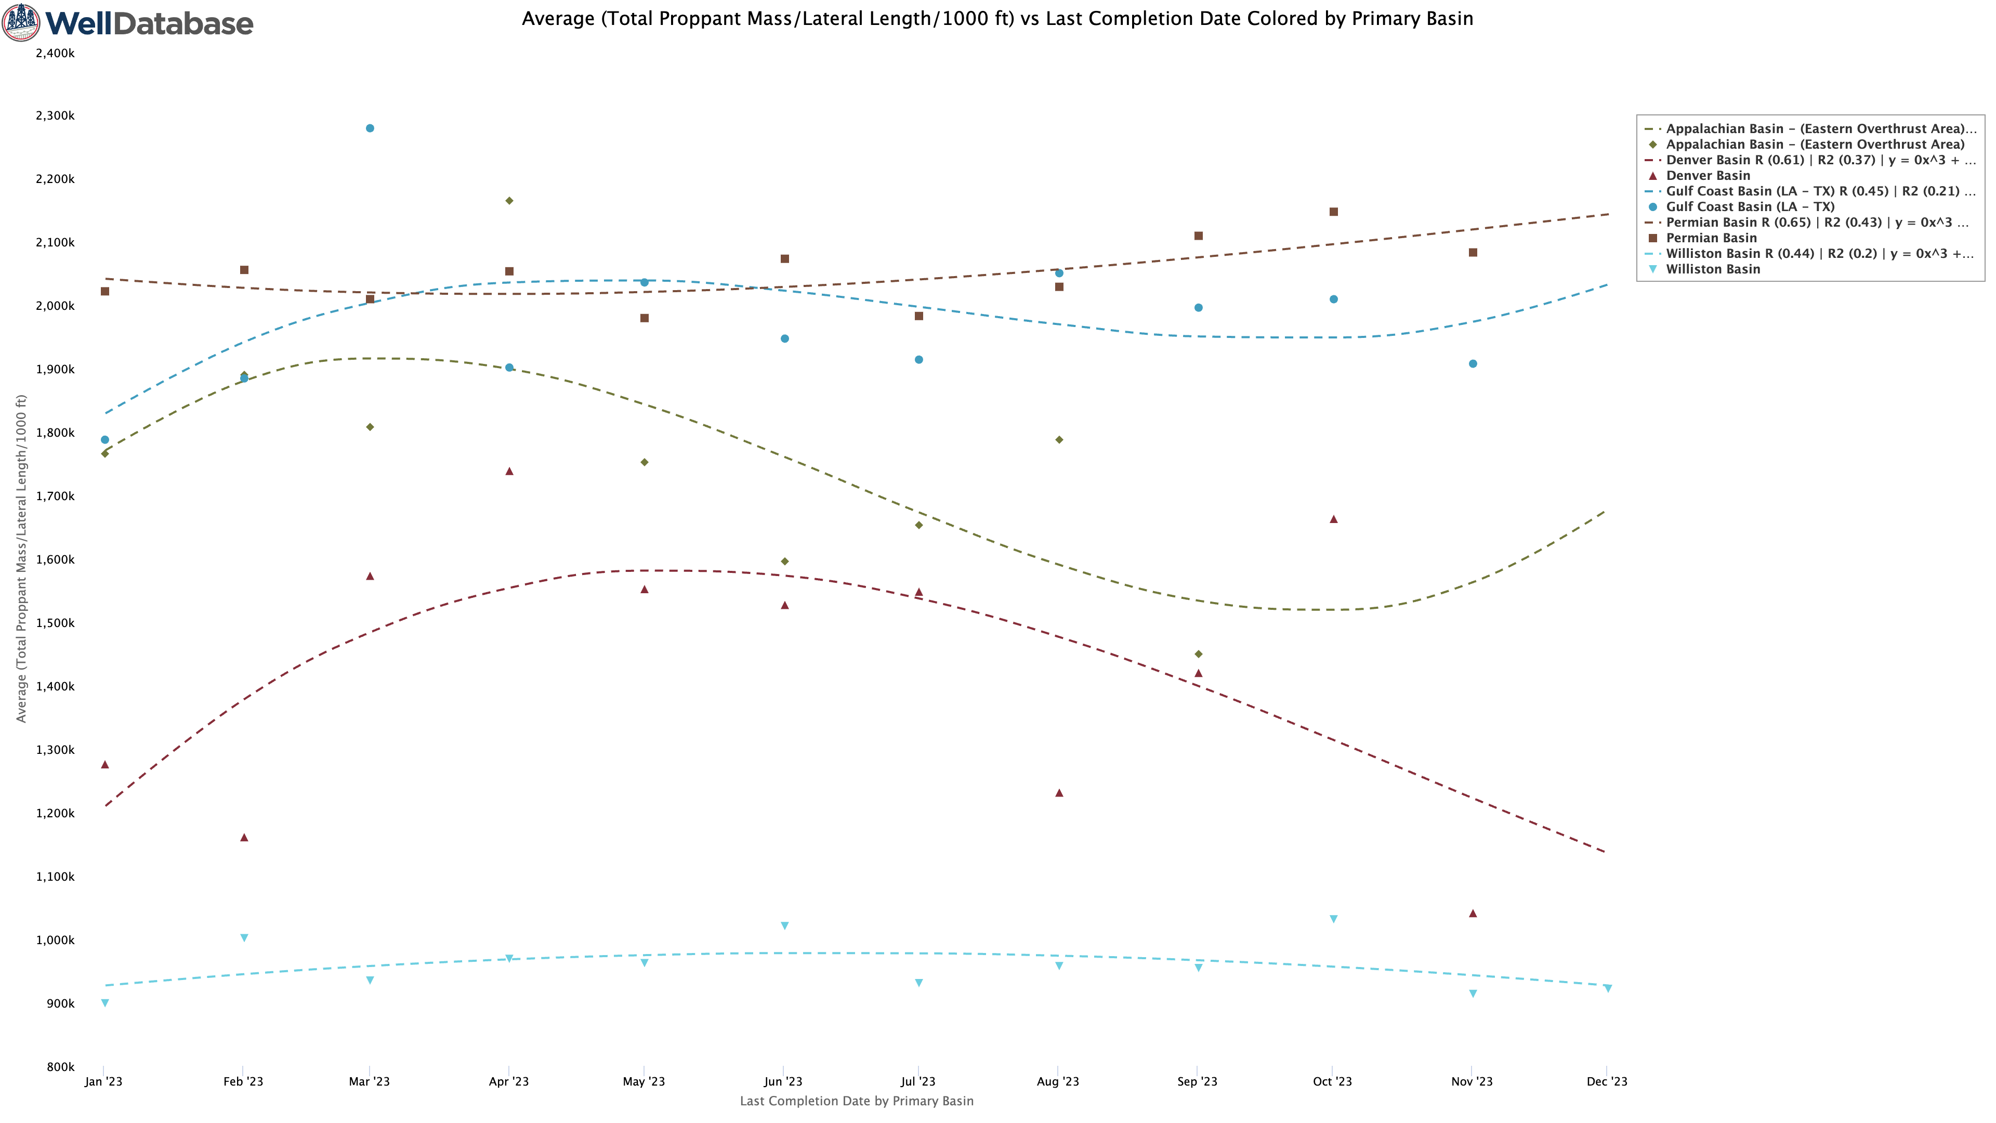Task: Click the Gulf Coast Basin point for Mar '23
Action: coord(370,128)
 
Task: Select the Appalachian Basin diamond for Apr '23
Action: coord(509,201)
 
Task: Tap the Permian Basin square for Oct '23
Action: coord(1333,212)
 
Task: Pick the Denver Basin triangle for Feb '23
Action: coord(244,838)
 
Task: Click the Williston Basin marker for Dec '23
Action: coord(1608,988)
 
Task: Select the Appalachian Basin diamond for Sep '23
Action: coord(1199,654)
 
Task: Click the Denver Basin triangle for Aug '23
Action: coord(1059,793)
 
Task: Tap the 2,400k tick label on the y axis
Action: coord(55,53)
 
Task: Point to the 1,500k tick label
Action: coord(55,623)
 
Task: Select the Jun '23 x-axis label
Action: coord(783,1081)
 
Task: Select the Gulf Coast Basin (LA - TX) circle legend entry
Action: coord(1750,207)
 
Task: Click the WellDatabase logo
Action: coord(128,22)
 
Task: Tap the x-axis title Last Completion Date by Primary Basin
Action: coord(856,1101)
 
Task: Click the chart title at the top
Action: coord(997,19)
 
